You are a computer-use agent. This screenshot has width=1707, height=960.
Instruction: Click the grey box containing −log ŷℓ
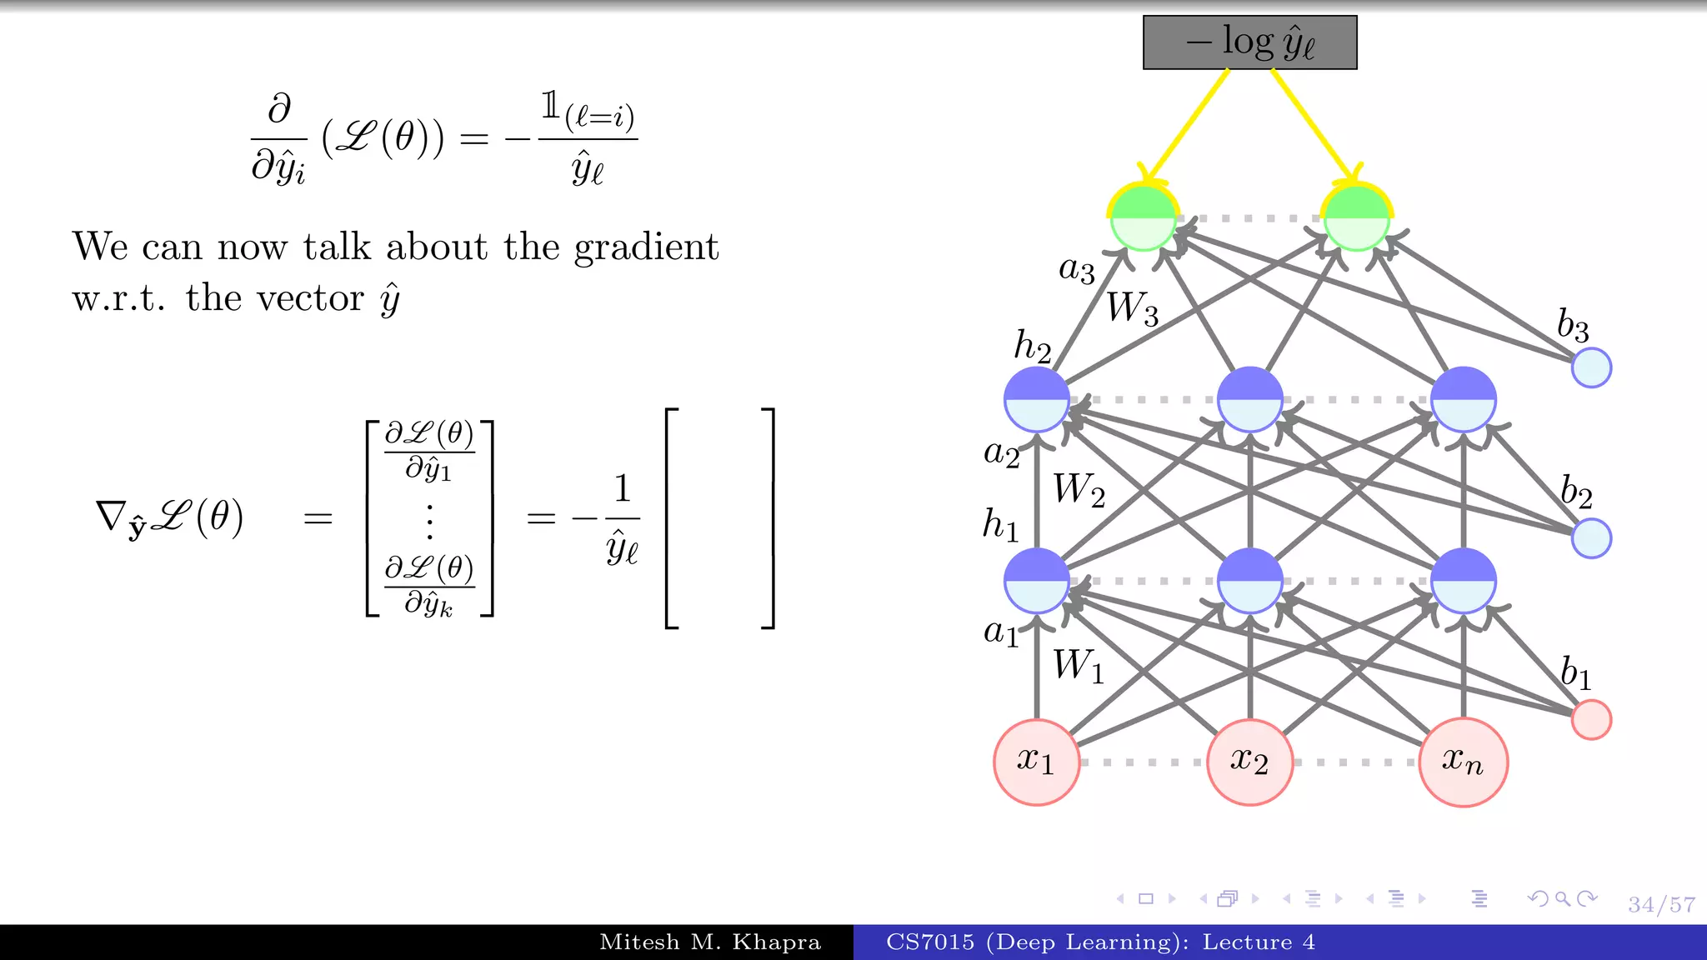pos(1249,42)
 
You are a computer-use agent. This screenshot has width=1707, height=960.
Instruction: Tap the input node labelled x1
pos(1036,762)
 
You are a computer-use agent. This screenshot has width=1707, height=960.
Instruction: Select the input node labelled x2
pos(1249,762)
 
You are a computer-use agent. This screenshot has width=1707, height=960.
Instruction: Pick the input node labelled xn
pos(1463,762)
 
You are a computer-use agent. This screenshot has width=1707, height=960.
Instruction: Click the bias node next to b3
pos(1591,367)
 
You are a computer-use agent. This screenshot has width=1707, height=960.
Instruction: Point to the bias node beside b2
pos(1591,537)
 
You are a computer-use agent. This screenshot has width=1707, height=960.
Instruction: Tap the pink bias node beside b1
pos(1591,719)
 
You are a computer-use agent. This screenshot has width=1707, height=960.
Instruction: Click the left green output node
pos(1144,218)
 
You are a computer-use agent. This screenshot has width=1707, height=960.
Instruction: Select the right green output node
pos(1357,218)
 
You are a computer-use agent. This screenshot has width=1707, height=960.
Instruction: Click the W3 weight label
pos(1133,308)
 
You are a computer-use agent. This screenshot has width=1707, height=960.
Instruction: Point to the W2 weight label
pos(1079,489)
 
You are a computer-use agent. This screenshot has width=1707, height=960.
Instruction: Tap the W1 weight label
pos(1079,666)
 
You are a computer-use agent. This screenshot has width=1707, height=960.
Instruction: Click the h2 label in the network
pos(1032,346)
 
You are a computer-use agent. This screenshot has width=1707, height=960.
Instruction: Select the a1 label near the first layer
pos(1000,632)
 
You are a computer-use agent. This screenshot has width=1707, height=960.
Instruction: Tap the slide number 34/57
pos(1661,905)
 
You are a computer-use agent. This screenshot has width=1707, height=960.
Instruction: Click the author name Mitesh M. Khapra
pos(710,942)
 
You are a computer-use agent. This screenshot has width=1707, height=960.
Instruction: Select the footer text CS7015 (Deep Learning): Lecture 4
pos(1100,942)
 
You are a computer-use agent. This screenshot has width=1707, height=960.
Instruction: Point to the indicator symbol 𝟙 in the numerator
pos(550,106)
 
